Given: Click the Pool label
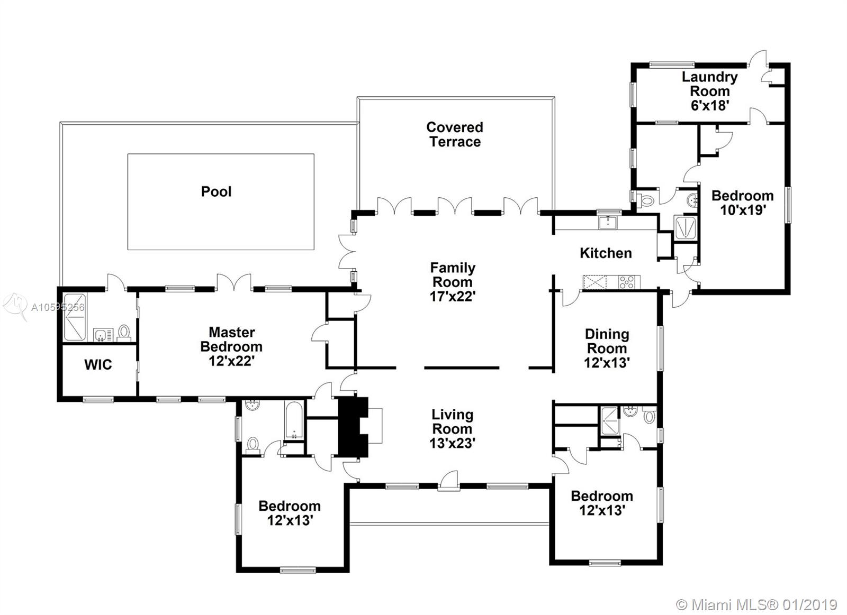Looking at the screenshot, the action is pyautogui.click(x=216, y=191).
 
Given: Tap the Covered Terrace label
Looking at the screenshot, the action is pyautogui.click(x=455, y=134).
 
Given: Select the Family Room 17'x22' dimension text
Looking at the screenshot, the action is pyautogui.click(x=452, y=297).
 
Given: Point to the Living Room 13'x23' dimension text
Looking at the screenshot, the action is pyautogui.click(x=452, y=443).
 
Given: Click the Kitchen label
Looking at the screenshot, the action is pyautogui.click(x=606, y=253).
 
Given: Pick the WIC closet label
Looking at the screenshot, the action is pyautogui.click(x=98, y=364).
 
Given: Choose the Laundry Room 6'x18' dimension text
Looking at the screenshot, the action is pyautogui.click(x=710, y=105).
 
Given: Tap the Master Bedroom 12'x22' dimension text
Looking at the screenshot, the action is pyautogui.click(x=231, y=361).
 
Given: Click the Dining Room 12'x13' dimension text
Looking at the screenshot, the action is pyautogui.click(x=607, y=363).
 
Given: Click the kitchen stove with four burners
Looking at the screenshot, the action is pyautogui.click(x=629, y=282).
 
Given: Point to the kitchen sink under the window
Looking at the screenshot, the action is pyautogui.click(x=608, y=223).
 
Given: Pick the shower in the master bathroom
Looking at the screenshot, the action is pyautogui.click(x=75, y=317).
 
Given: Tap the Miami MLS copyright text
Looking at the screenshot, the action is pyautogui.click(x=756, y=605).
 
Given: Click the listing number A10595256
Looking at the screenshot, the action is pyautogui.click(x=58, y=307).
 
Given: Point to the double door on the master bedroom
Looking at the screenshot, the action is pyautogui.click(x=233, y=282).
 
